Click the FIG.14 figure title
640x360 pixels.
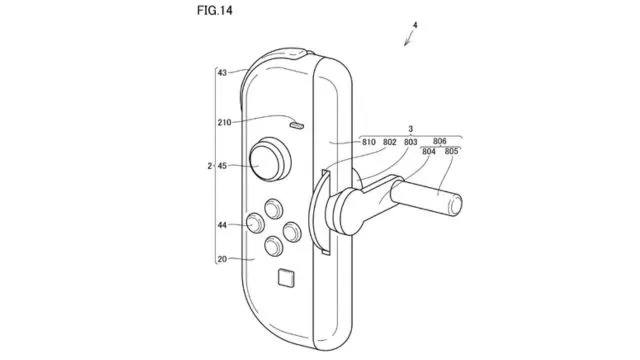click(214, 10)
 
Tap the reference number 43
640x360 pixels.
click(222, 73)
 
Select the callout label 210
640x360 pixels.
click(224, 122)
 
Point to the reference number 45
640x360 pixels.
click(222, 166)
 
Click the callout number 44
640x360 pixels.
click(222, 225)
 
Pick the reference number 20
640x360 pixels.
click(222, 259)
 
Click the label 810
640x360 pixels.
click(369, 142)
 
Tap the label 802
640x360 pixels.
click(389, 142)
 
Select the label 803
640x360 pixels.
click(411, 142)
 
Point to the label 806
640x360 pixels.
click(440, 141)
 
